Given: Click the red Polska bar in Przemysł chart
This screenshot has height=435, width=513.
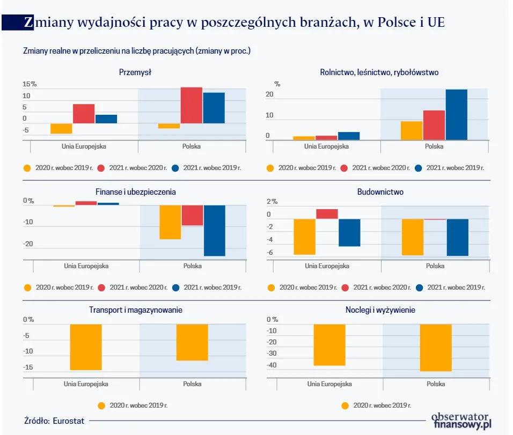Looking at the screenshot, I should (191, 105).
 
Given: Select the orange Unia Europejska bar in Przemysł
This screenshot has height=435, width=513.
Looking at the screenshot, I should (61, 128).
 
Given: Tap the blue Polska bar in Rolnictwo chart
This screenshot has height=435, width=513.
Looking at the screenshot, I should (456, 114).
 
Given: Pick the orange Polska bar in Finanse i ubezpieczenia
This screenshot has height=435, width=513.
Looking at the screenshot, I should (170, 222).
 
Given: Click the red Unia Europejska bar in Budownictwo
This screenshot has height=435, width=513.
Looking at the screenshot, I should (327, 214).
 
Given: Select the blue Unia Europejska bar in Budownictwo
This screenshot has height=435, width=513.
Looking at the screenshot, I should (349, 232).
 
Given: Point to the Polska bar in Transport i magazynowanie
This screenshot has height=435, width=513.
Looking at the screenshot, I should (192, 342).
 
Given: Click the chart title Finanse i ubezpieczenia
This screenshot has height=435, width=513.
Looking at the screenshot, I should (140, 191).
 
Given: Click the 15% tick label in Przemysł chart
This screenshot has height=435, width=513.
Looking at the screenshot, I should (30, 84).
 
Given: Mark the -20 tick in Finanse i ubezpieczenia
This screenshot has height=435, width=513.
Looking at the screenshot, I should (28, 244).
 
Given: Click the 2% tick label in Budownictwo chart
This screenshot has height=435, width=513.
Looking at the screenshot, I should (272, 202).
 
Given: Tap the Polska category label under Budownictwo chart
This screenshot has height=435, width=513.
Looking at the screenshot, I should (435, 266).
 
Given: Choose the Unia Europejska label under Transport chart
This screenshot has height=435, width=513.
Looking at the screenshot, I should (86, 384).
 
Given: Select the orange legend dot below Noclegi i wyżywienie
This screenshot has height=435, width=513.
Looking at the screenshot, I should (345, 405).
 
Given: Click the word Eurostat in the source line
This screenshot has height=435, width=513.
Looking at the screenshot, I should (68, 421).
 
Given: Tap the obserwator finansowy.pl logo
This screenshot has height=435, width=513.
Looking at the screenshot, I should (461, 420).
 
